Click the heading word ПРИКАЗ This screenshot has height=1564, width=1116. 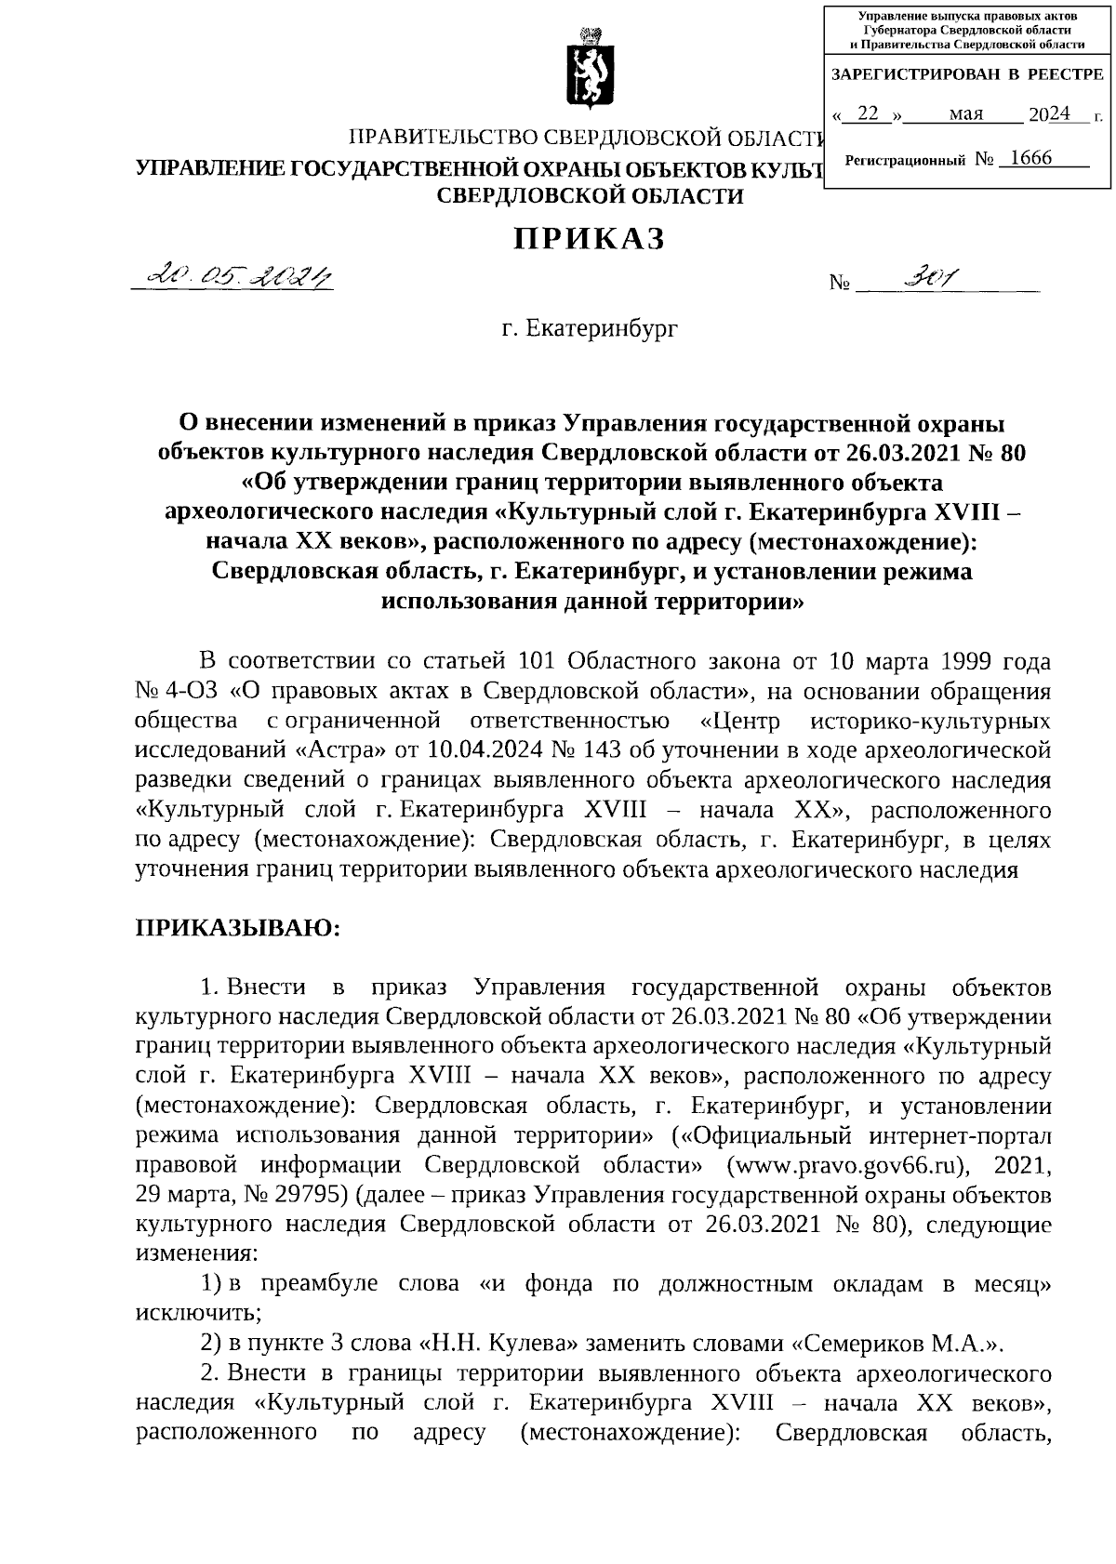point(590,239)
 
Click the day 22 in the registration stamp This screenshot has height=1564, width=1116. point(868,114)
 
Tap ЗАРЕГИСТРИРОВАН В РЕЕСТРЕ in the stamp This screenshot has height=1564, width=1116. point(966,74)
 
